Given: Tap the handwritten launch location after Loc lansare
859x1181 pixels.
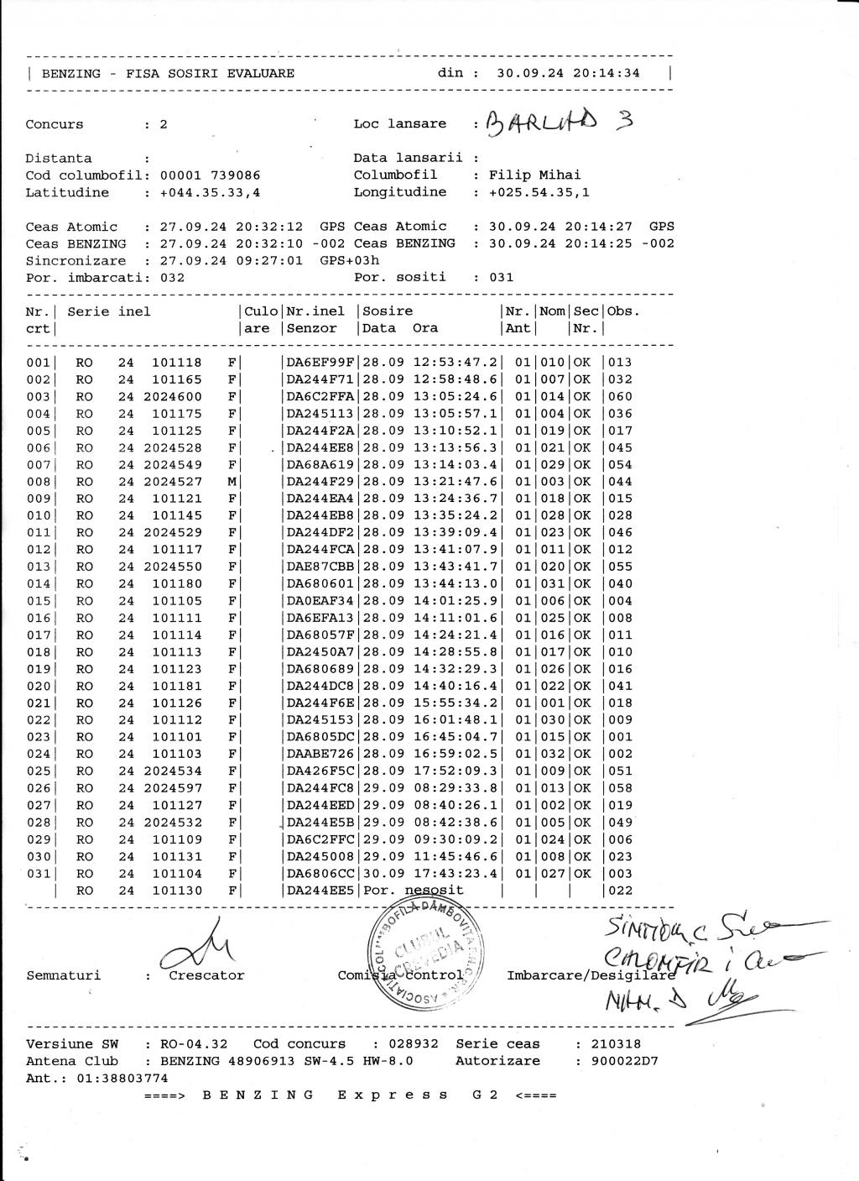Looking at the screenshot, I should pos(559,123).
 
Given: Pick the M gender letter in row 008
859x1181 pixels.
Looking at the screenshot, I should pos(232,482).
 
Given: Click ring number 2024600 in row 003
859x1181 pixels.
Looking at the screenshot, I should pos(173,397).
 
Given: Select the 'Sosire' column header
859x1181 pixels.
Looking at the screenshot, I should pos(388,311).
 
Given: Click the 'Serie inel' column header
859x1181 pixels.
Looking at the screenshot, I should pos(109,311).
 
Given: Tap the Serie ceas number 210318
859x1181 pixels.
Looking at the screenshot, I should pos(616,1044).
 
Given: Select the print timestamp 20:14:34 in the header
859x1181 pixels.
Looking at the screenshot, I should pos(607,73).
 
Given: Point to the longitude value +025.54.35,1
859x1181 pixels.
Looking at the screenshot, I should pos(539,192).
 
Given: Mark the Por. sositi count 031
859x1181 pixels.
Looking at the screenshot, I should pos(501,277).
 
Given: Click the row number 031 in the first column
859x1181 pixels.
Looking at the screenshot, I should pos(38,874).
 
